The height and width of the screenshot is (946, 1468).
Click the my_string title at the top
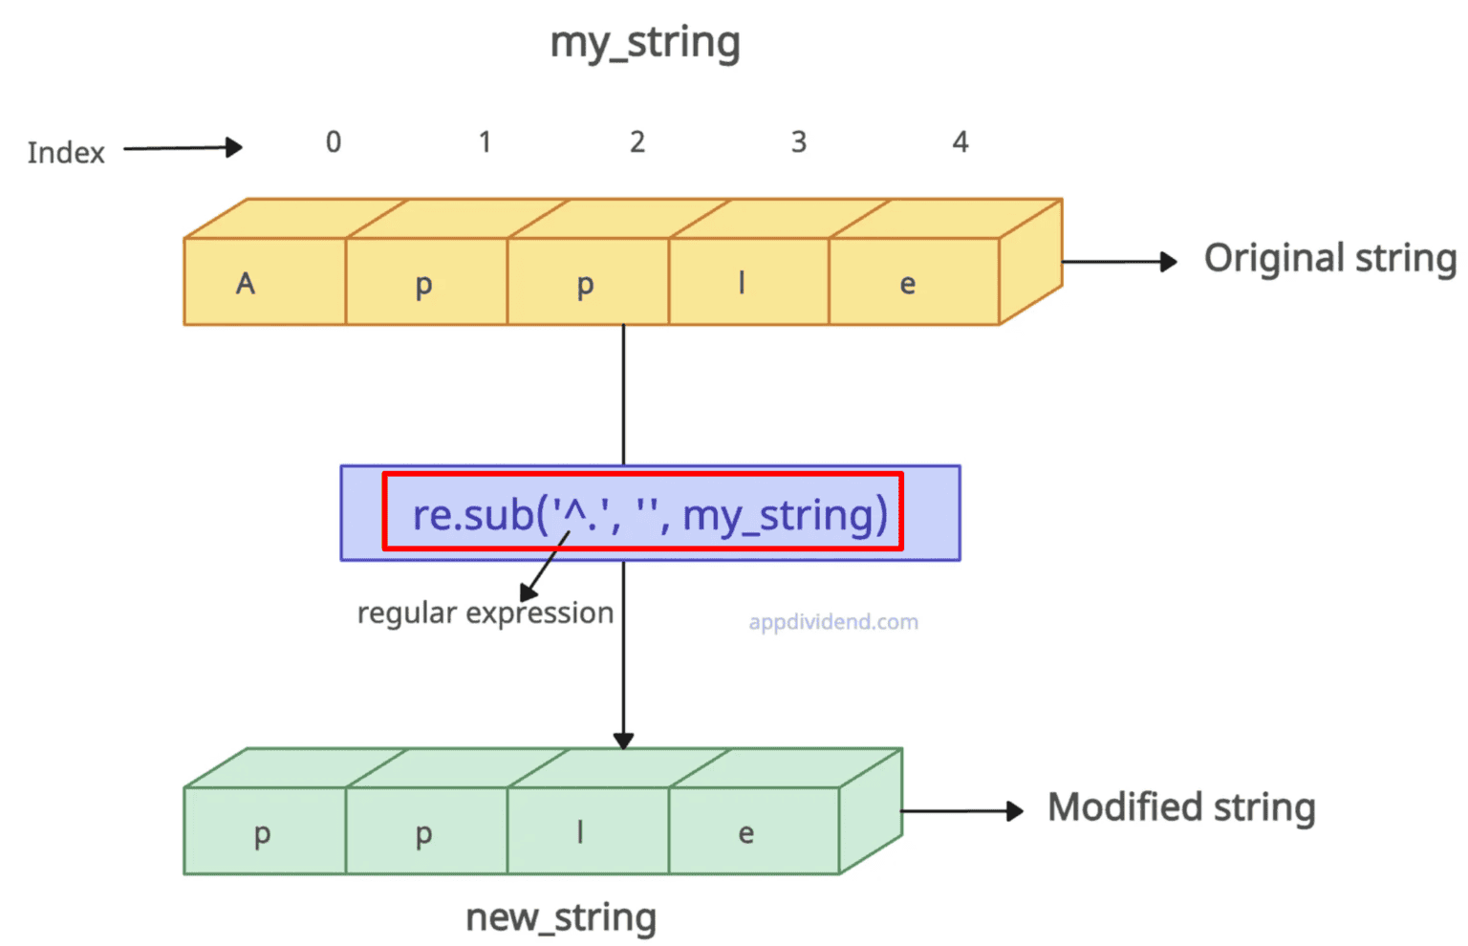(645, 43)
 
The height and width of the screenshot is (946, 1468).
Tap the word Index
(66, 153)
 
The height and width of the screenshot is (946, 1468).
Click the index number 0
(333, 142)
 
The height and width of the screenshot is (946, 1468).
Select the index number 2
(637, 142)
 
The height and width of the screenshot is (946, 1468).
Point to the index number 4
(961, 142)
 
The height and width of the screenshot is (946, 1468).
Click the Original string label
(1329, 259)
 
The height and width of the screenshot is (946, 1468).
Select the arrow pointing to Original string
(1119, 261)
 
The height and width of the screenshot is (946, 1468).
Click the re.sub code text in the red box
(649, 514)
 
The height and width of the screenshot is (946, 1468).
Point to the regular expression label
(485, 613)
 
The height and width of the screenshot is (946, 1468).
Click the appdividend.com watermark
(832, 622)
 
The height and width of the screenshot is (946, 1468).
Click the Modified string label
(1181, 807)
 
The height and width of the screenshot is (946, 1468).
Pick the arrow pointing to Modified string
(961, 811)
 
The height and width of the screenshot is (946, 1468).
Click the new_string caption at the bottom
(560, 917)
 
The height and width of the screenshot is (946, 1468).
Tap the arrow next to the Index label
(183, 148)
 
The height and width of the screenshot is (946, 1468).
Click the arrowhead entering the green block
(623, 741)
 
